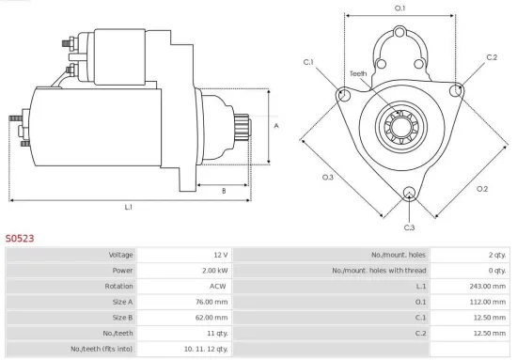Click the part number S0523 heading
(x=20, y=239)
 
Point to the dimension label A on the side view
(x=275, y=124)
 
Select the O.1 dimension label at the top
(x=399, y=8)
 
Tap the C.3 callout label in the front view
(x=409, y=227)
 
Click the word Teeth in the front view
(x=358, y=73)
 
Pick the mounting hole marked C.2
(x=458, y=90)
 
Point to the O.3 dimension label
(x=328, y=176)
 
